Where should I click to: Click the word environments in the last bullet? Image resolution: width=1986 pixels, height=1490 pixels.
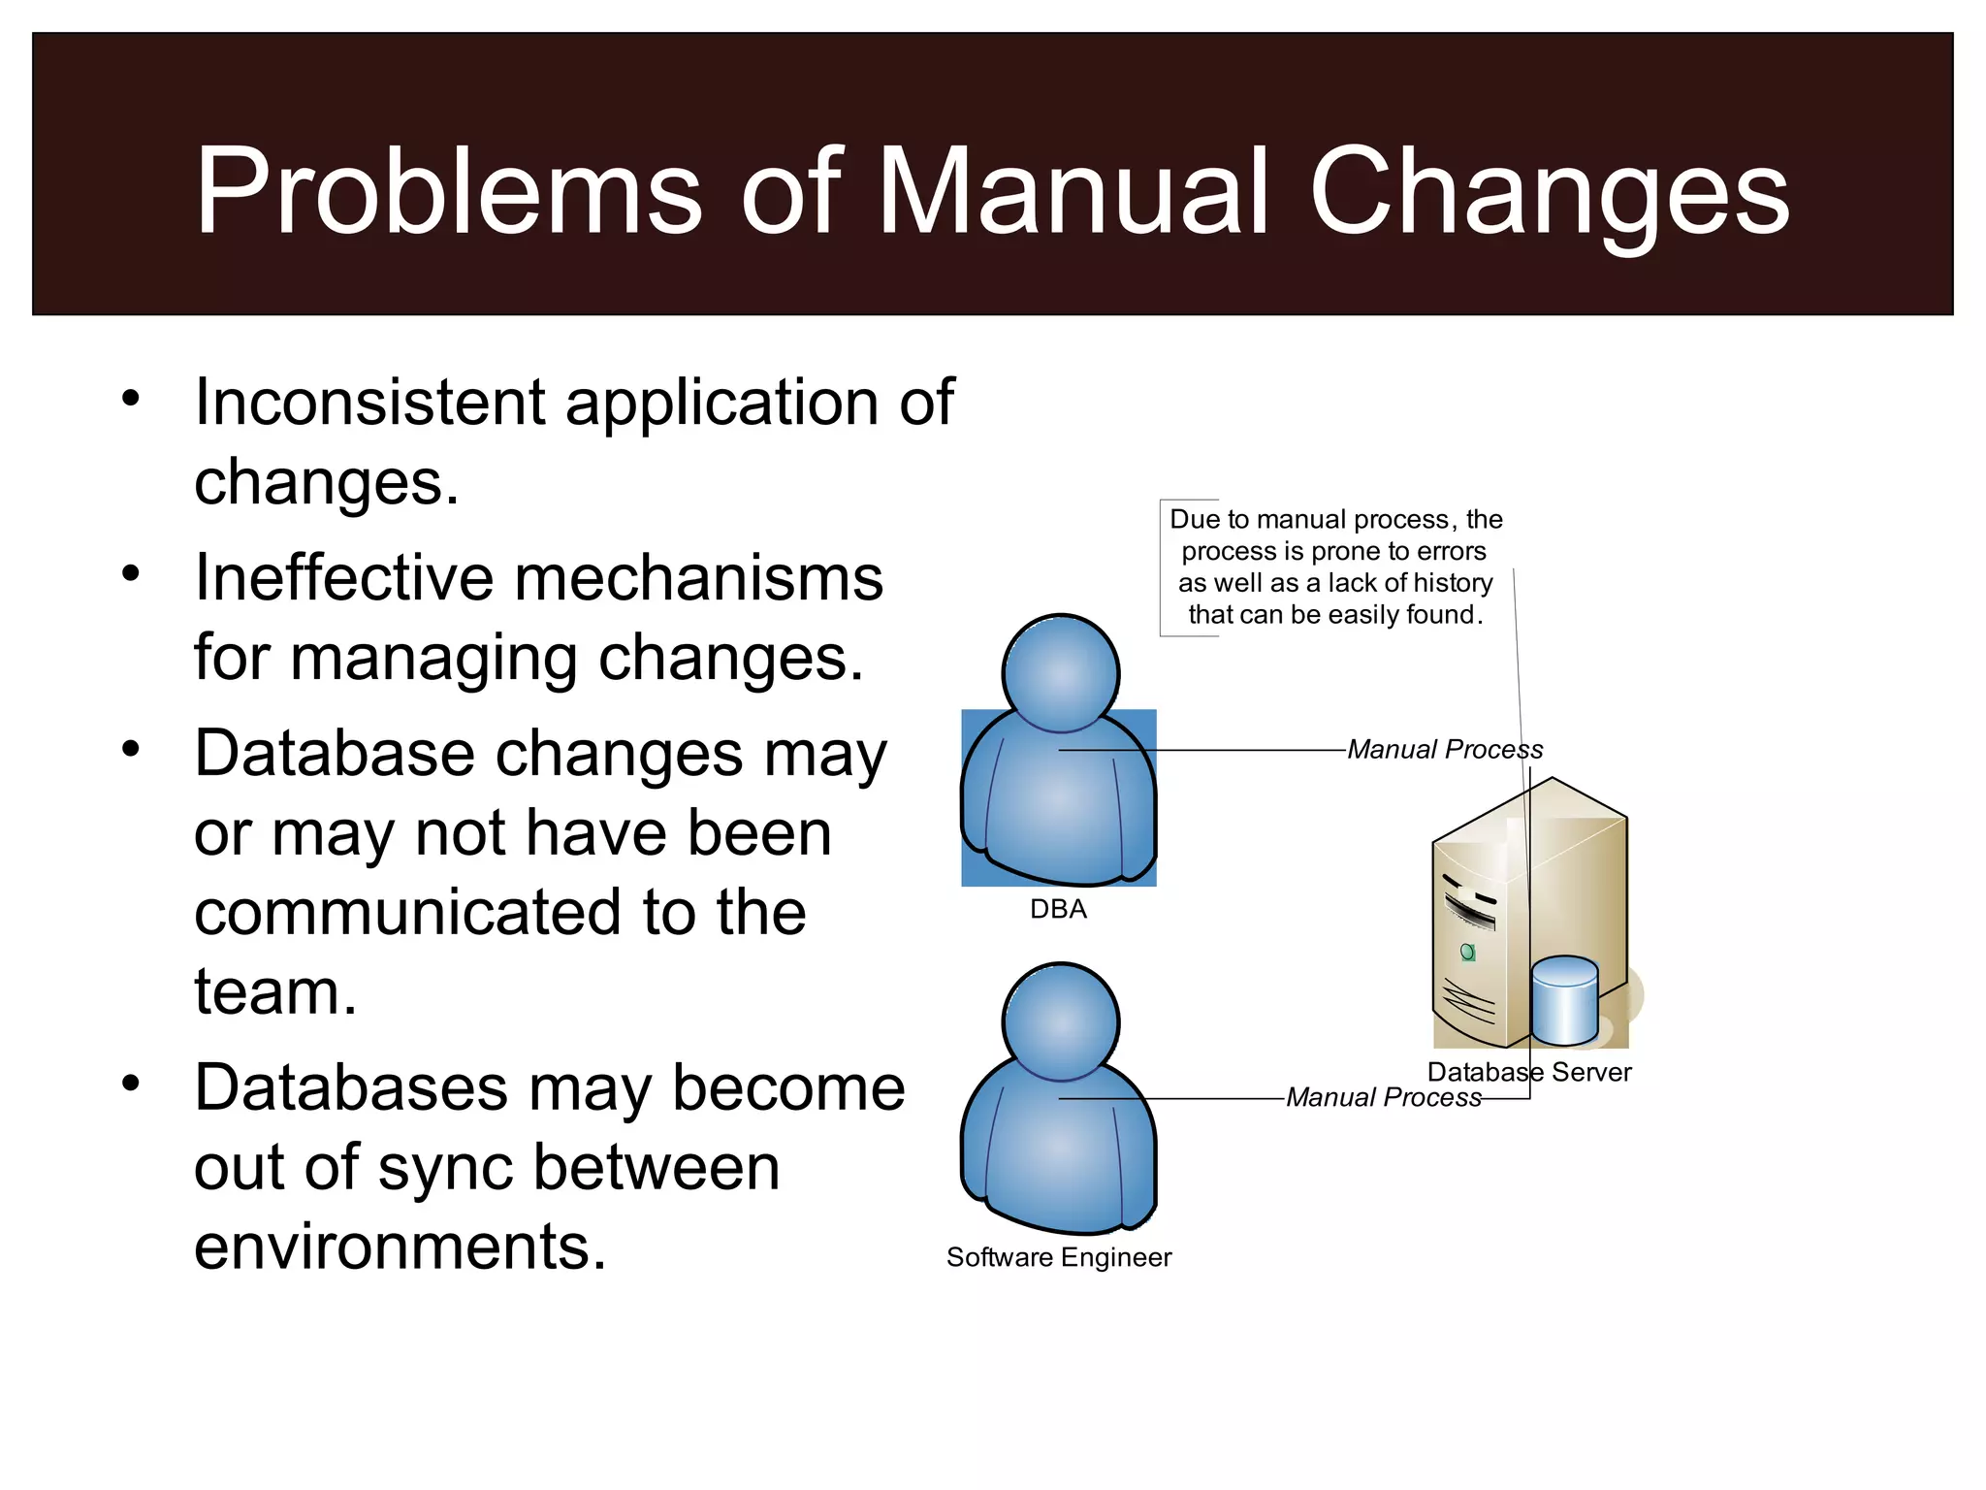coord(400,1247)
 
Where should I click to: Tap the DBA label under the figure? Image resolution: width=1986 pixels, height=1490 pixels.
coord(1058,910)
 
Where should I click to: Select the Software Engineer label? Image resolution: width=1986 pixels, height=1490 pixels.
coord(1059,1257)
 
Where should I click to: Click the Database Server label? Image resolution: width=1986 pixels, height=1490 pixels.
coord(1529,1072)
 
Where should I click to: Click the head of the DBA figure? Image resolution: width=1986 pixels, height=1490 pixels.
coord(1061,673)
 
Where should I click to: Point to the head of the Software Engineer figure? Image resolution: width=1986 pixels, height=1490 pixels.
coord(1061,1021)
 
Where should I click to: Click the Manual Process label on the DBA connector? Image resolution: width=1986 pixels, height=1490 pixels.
coord(1445,750)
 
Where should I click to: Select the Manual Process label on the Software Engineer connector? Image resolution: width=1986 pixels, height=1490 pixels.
coord(1384,1097)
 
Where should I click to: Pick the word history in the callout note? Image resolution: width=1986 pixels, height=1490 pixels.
coord(1453,583)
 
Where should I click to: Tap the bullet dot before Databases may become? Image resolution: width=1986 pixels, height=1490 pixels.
coord(131,1083)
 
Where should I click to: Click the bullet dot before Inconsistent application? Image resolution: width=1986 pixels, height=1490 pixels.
coord(131,398)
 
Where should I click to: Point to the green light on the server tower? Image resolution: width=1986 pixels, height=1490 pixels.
coord(1468,952)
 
